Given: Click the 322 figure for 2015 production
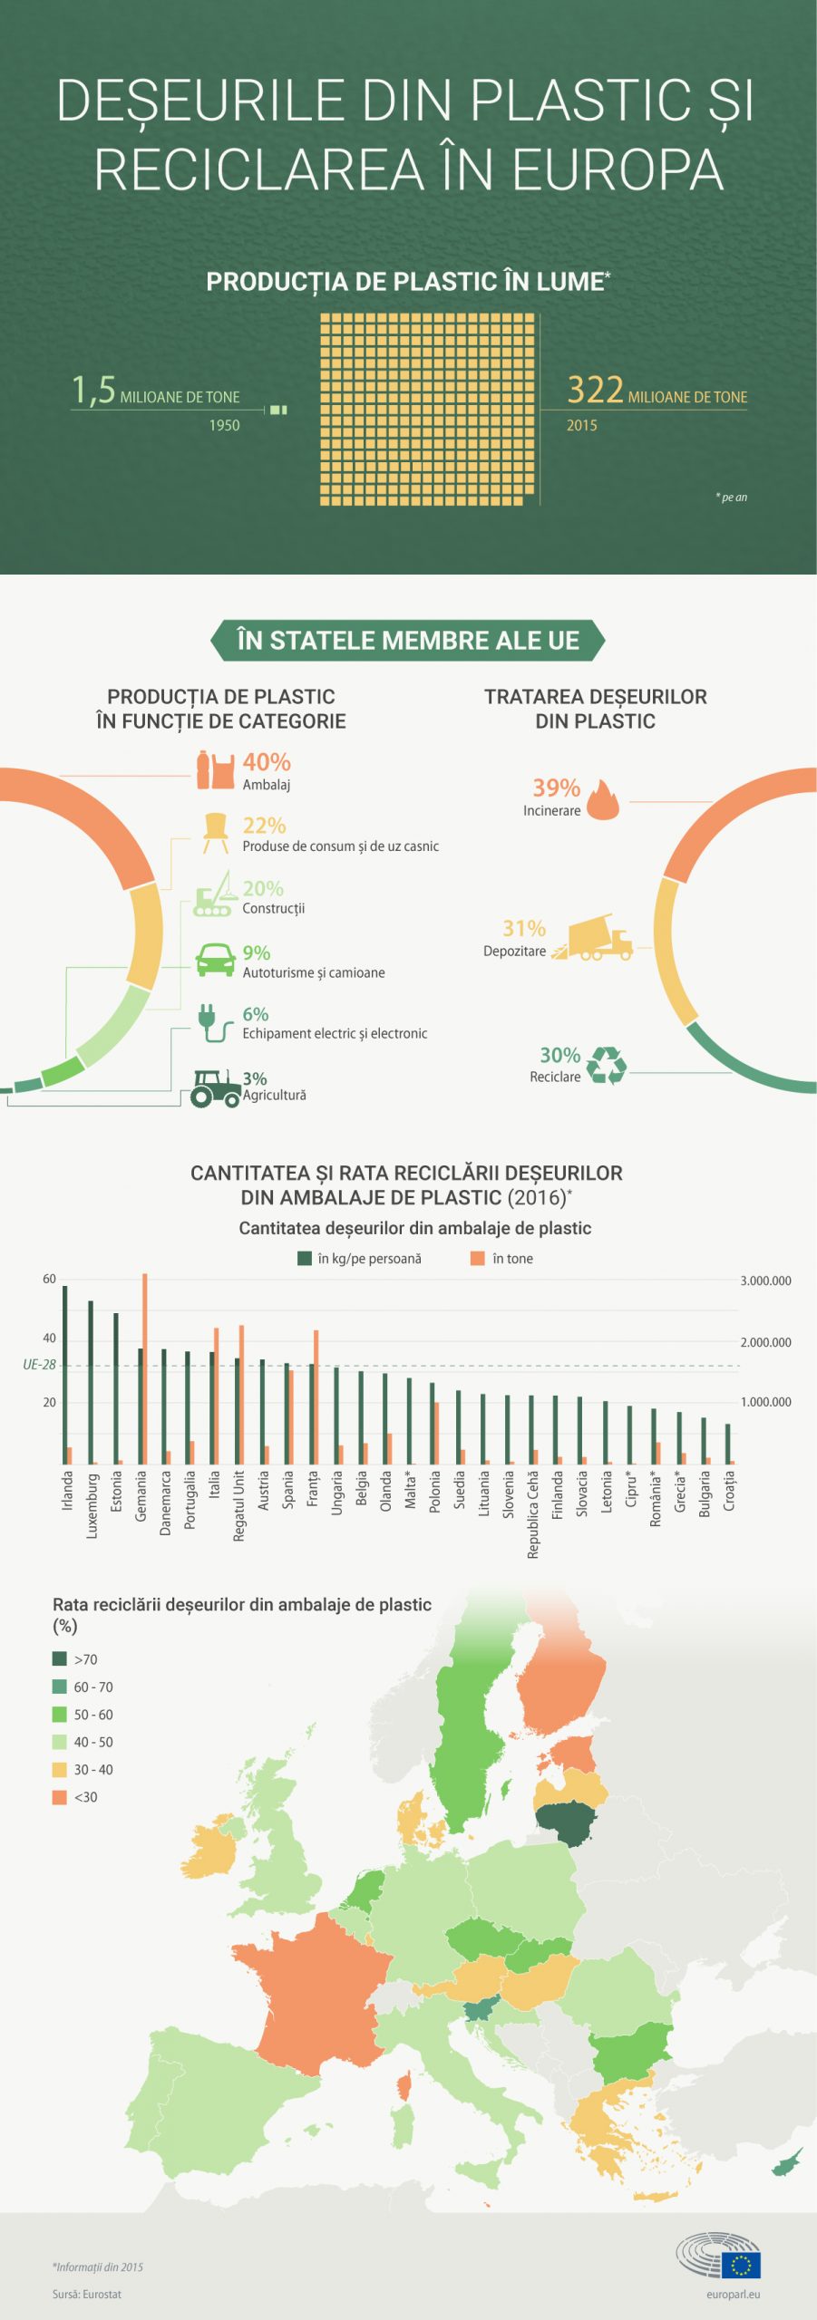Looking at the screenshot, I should click(x=595, y=390).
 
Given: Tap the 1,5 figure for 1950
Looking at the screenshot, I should click(x=94, y=391).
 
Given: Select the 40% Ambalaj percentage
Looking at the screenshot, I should click(x=267, y=762).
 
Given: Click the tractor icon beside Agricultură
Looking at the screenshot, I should click(x=215, y=1087).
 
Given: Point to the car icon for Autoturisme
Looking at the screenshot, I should click(x=216, y=960).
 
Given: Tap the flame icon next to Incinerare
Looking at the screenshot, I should click(x=603, y=800).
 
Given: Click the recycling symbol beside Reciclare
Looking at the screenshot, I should click(x=606, y=1065).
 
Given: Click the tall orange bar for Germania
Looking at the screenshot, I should click(x=144, y=1368).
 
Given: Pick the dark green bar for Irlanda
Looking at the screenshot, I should click(x=64, y=1374).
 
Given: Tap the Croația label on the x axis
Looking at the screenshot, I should click(x=729, y=1491).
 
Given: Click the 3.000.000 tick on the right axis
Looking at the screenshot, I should click(x=765, y=1281).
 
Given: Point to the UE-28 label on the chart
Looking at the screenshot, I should click(x=39, y=1365).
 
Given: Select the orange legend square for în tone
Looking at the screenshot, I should click(x=477, y=1258).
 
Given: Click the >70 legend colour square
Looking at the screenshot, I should click(x=60, y=1658).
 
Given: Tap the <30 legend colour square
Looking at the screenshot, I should click(x=60, y=1796).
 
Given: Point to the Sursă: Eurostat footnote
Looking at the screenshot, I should click(x=87, y=2294).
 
